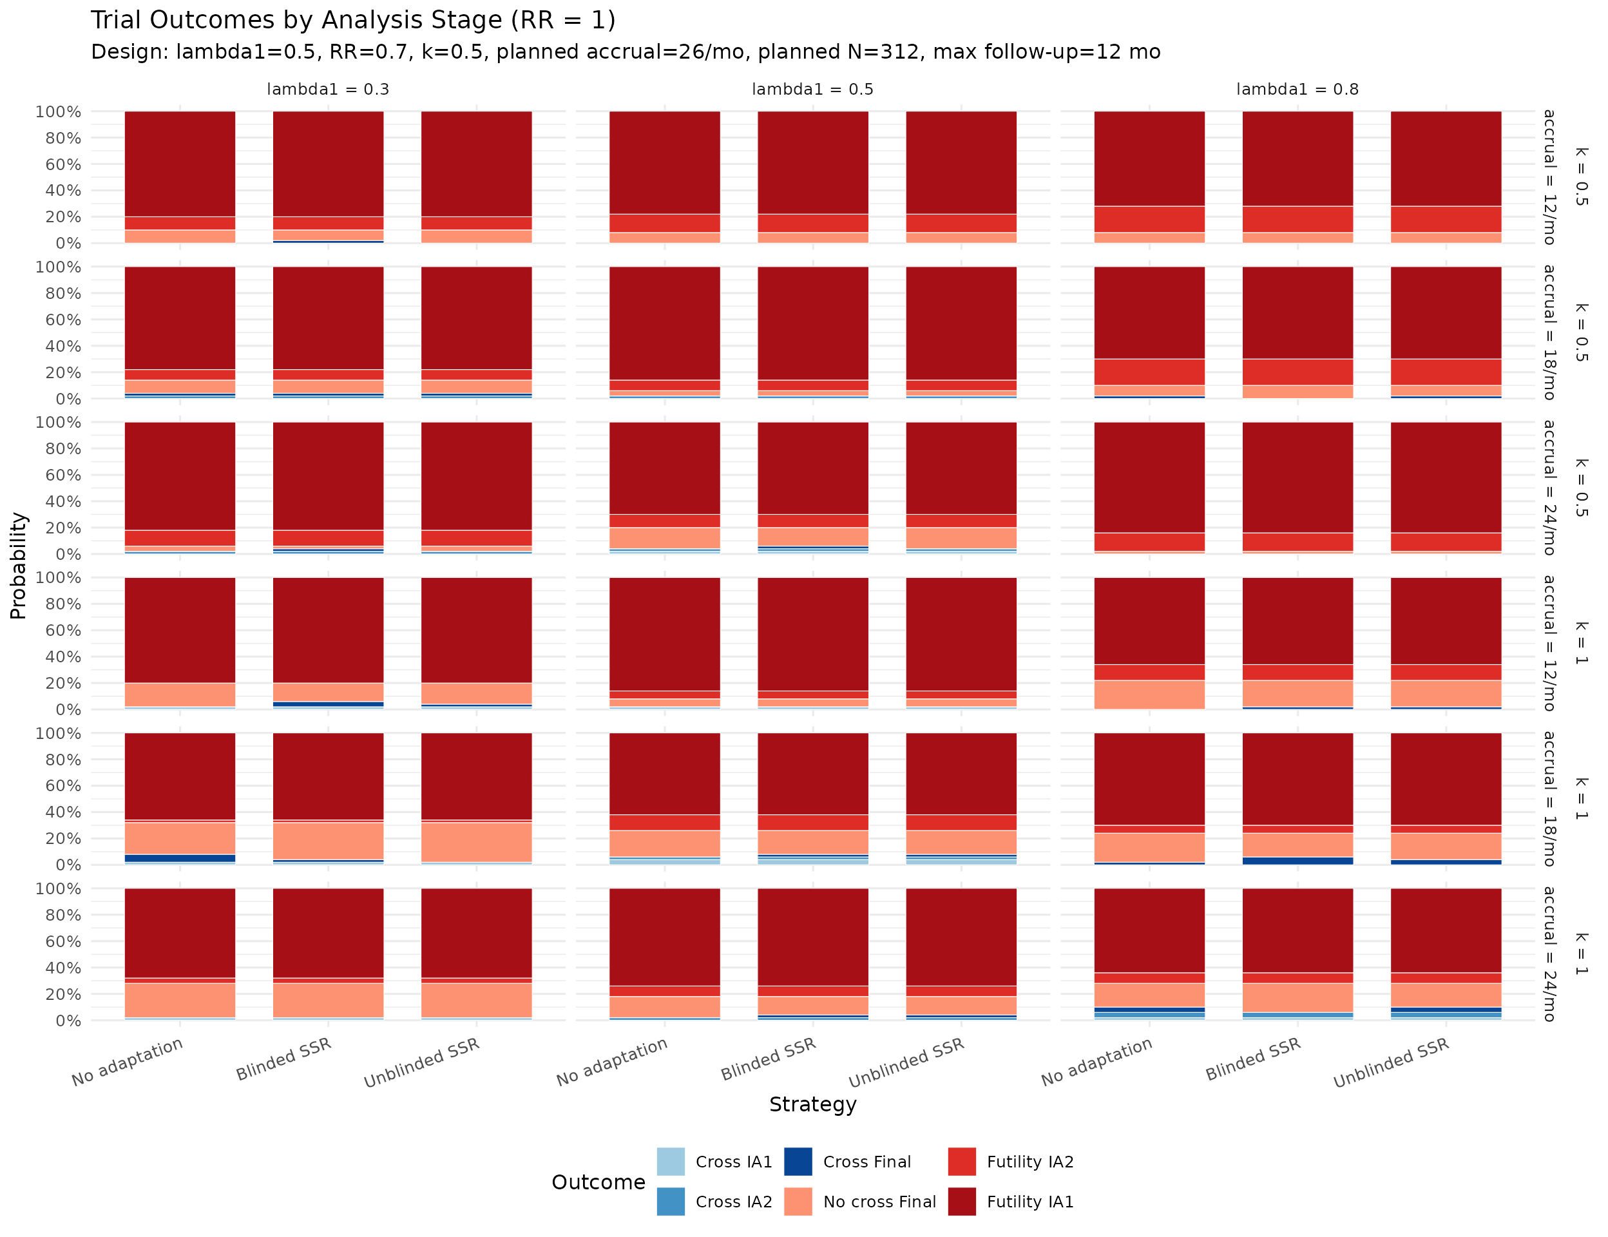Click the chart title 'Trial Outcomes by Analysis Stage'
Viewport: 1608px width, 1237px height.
pos(352,20)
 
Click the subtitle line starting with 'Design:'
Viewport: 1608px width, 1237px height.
pos(625,52)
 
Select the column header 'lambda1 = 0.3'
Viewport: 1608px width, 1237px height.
pos(328,90)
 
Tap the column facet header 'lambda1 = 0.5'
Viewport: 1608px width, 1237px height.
pos(812,90)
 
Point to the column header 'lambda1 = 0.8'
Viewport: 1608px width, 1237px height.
pos(1297,90)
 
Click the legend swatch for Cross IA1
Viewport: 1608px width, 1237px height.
pos(671,1162)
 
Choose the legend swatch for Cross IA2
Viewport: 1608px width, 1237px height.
pos(671,1202)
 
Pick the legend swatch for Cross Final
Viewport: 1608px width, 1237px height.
pos(798,1162)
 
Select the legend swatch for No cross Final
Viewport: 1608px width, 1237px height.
pos(798,1202)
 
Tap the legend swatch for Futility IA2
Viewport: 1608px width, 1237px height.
pos(962,1162)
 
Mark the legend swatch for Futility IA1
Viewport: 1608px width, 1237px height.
pos(962,1202)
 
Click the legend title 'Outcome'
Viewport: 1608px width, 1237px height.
pos(598,1182)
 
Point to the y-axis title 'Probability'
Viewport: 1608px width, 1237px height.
pos(19,566)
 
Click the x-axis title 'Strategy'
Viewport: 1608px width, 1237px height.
pos(812,1104)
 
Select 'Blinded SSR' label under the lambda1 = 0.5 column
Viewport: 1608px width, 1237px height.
pos(768,1060)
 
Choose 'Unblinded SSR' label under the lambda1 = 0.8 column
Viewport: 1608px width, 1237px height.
pos(1391,1063)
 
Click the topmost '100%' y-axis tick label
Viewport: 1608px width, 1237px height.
pos(58,112)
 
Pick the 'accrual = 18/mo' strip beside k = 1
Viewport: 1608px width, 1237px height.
pos(1549,799)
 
